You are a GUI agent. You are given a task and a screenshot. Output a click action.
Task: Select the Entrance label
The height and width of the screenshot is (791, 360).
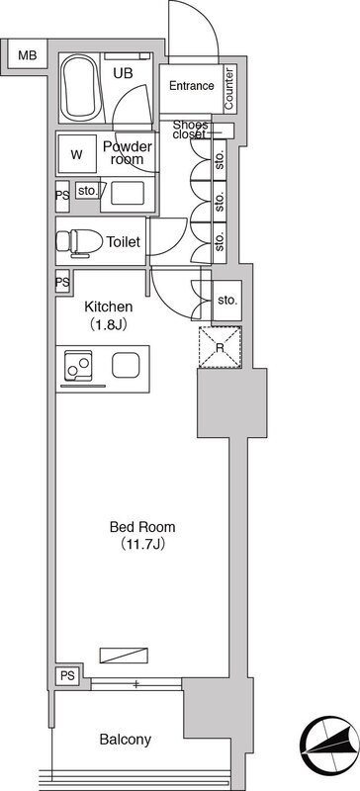191,86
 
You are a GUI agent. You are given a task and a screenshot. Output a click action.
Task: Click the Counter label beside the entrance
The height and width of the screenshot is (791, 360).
228,89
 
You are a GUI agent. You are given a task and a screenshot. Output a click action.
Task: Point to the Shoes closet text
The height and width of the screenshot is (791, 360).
190,130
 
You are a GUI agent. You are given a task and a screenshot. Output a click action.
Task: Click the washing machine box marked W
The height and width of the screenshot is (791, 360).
77,154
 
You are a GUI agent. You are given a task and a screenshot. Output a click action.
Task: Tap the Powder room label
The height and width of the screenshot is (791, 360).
128,153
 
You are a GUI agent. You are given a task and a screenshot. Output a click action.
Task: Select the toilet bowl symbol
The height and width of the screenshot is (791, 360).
79,240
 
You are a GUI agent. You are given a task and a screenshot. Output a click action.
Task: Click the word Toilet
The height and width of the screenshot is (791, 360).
123,242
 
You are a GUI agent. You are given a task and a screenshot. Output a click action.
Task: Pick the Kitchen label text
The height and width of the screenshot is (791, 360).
108,307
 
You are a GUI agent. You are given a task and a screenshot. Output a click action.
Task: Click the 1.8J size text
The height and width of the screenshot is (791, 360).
108,323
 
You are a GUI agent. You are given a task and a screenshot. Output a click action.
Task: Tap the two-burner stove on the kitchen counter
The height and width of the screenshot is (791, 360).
78,365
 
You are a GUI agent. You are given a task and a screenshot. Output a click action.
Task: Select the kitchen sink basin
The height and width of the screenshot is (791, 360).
126,365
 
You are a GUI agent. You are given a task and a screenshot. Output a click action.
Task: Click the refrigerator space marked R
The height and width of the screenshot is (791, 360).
220,348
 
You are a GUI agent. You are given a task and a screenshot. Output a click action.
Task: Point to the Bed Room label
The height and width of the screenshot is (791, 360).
142,527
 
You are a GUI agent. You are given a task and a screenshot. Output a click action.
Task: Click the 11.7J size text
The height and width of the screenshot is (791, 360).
143,545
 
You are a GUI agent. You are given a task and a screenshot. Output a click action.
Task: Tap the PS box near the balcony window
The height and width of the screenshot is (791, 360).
68,675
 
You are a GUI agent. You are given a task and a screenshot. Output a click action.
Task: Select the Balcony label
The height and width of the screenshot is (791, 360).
126,740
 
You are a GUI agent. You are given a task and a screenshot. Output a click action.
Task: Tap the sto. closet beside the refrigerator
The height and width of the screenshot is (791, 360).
227,301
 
